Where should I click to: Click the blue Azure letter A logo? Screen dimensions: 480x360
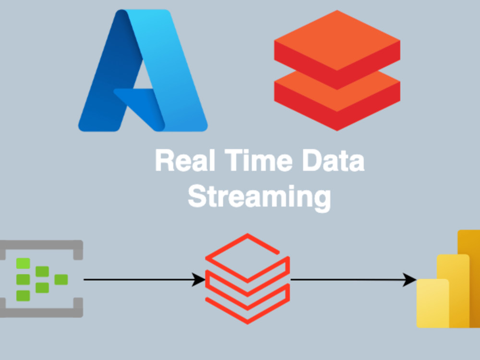(x=143, y=71)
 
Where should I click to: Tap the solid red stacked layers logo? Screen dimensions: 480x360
(x=337, y=71)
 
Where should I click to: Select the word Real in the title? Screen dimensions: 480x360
(x=185, y=160)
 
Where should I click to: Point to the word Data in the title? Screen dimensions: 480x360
(x=334, y=160)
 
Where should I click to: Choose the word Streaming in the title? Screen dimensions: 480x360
(x=259, y=197)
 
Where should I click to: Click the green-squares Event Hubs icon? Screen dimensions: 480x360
(x=41, y=278)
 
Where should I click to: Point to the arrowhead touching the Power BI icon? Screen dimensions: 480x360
(x=409, y=279)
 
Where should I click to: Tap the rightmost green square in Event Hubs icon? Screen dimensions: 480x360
(x=61, y=279)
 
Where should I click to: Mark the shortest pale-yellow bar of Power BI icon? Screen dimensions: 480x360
(x=432, y=303)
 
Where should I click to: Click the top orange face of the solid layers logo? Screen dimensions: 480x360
(x=337, y=40)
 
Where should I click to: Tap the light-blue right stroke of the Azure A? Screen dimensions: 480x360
(x=171, y=71)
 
